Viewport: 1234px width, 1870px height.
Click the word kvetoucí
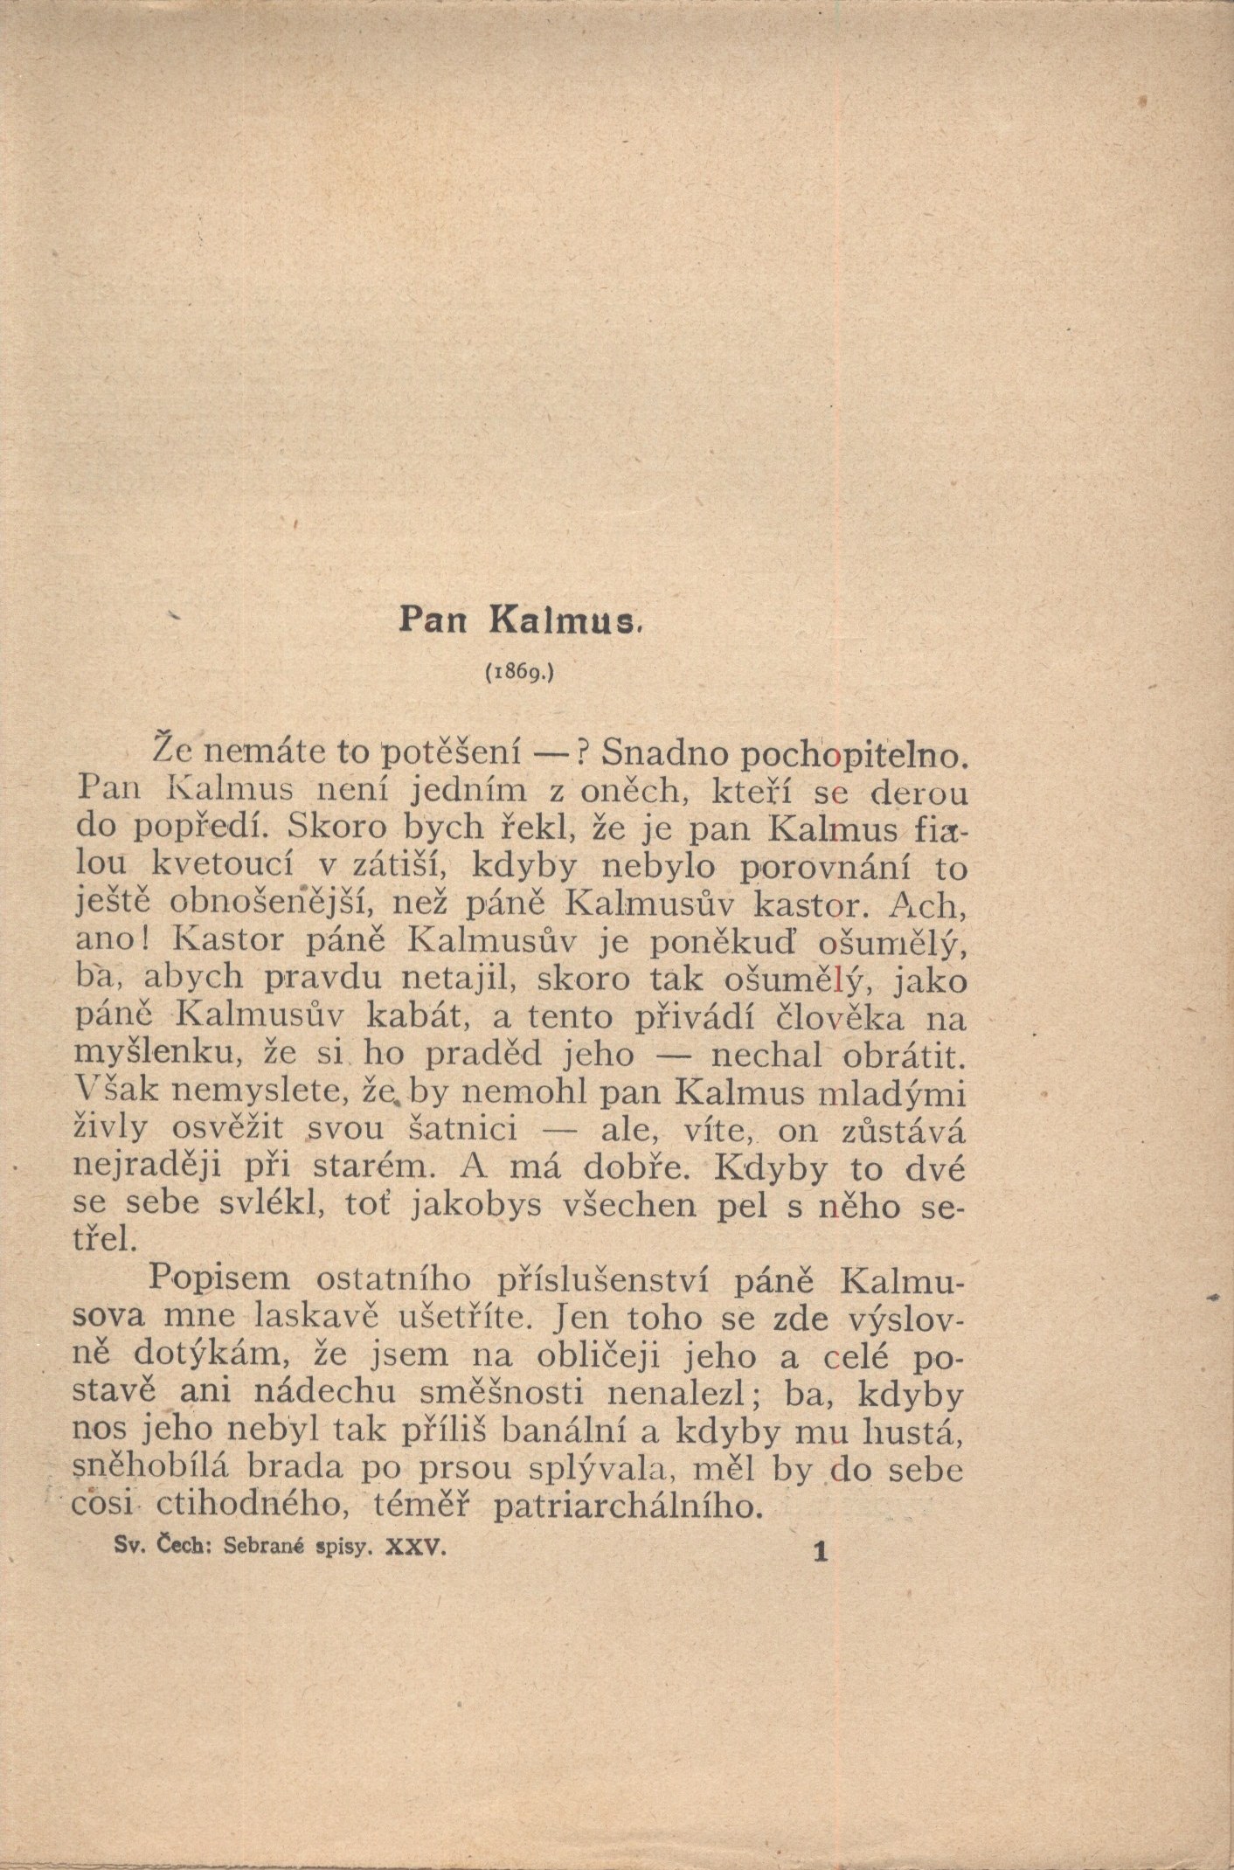click(x=227, y=869)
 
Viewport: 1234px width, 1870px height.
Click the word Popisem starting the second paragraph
click(x=219, y=1278)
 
